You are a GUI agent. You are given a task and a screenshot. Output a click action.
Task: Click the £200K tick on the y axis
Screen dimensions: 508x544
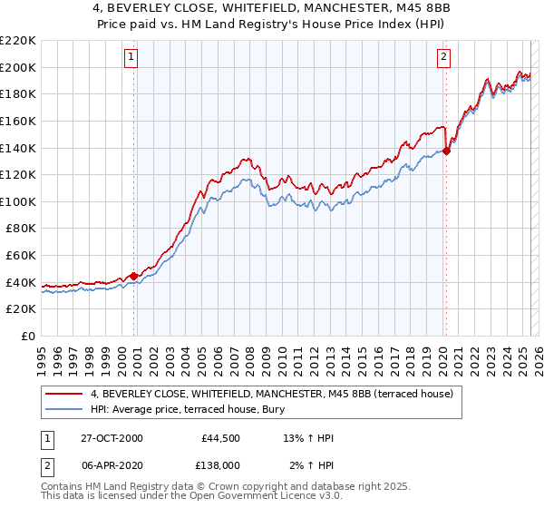(19, 67)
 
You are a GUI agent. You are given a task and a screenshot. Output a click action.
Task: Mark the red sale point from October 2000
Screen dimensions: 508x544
(134, 276)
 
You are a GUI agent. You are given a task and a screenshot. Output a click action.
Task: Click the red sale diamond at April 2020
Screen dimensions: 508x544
(447, 151)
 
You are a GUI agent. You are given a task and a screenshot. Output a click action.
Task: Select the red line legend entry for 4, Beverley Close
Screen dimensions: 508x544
(277, 394)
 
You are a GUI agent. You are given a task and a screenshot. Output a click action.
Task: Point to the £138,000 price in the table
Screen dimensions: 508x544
(219, 464)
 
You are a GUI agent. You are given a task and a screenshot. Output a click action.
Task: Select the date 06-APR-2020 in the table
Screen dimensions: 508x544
(110, 464)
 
